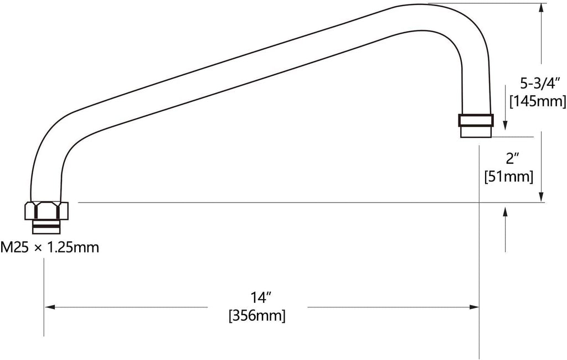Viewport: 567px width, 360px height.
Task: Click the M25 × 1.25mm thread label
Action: (x=49, y=248)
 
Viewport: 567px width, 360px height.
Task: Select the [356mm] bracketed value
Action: (x=257, y=316)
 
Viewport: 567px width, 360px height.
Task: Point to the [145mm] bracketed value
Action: (x=538, y=101)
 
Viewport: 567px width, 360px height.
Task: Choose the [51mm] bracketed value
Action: (x=509, y=177)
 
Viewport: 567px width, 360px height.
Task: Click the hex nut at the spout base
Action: (x=47, y=210)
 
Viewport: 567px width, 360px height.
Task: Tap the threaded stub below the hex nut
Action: (x=47, y=227)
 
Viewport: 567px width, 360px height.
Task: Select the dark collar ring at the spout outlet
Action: (x=476, y=120)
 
